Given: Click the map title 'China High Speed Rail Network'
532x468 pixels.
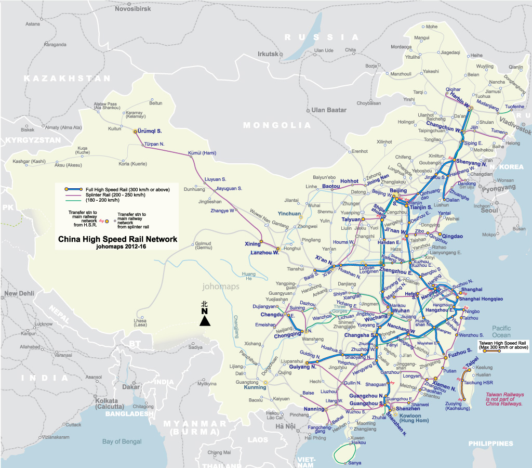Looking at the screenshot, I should pyautogui.click(x=117, y=239).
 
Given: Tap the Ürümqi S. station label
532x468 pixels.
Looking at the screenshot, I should pyautogui.click(x=151, y=131).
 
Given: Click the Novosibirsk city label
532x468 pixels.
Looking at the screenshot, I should pyautogui.click(x=134, y=9).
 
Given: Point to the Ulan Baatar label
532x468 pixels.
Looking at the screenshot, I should pyautogui.click(x=329, y=110).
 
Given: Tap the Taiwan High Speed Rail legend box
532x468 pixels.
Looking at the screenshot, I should pyautogui.click(x=503, y=346).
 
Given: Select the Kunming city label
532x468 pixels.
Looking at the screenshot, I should pyautogui.click(x=255, y=387).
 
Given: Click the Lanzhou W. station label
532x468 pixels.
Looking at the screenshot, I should pyautogui.click(x=265, y=253).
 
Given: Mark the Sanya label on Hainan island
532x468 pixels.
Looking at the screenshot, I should pyautogui.click(x=354, y=462).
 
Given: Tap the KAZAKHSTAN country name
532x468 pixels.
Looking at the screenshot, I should pyautogui.click(x=68, y=78).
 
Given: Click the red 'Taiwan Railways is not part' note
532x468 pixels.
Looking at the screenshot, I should pyautogui.click(x=503, y=399).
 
